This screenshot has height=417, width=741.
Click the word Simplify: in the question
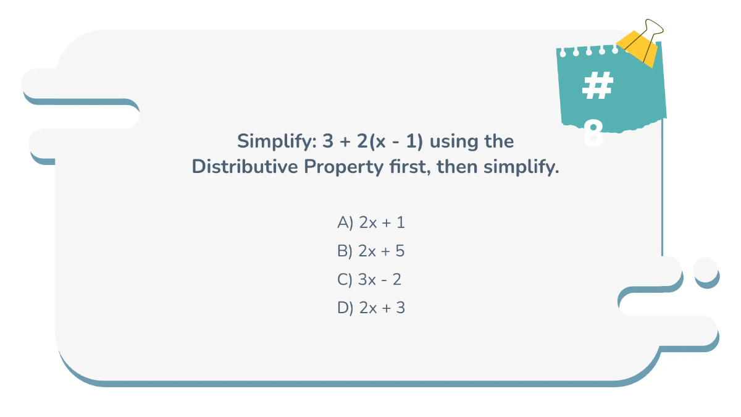point(276,141)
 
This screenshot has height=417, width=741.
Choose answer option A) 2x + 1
point(371,222)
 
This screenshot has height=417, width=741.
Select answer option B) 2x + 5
point(371,251)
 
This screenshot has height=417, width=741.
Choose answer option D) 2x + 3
point(371,308)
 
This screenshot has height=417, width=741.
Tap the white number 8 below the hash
point(593,133)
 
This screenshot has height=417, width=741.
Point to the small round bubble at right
point(706,269)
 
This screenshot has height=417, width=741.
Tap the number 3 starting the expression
point(327,141)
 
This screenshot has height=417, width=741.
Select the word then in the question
point(457,167)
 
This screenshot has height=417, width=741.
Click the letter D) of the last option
point(345,308)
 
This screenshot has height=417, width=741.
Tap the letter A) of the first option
point(345,222)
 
